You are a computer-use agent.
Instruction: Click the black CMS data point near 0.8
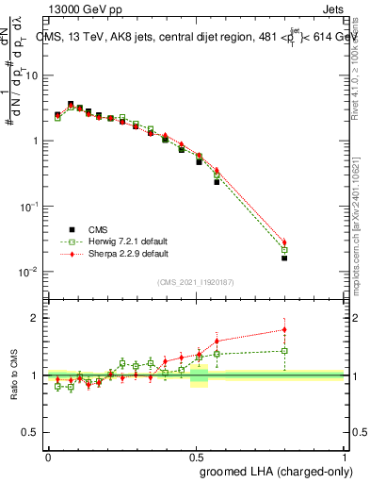point(284,258)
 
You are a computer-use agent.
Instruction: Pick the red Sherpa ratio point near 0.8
point(284,329)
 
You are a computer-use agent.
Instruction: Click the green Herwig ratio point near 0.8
point(284,350)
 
